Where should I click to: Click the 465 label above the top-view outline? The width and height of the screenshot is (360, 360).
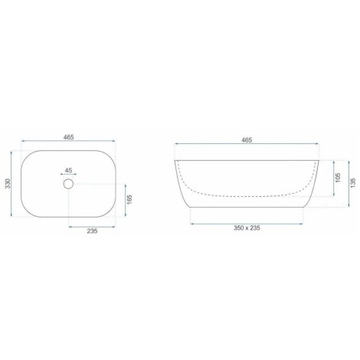click(x=68, y=137)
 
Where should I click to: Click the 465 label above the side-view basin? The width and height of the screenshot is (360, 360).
click(x=247, y=140)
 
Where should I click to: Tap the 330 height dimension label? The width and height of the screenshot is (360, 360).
click(x=8, y=184)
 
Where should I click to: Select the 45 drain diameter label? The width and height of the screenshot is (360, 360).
click(x=68, y=170)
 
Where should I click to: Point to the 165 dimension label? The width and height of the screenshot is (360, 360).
click(x=129, y=200)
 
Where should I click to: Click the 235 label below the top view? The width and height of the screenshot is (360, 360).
click(x=92, y=231)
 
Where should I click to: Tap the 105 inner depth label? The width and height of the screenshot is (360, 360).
click(x=338, y=178)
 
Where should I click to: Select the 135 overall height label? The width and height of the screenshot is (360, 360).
click(x=353, y=183)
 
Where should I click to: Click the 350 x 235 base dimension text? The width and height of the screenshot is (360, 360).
click(x=247, y=228)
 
